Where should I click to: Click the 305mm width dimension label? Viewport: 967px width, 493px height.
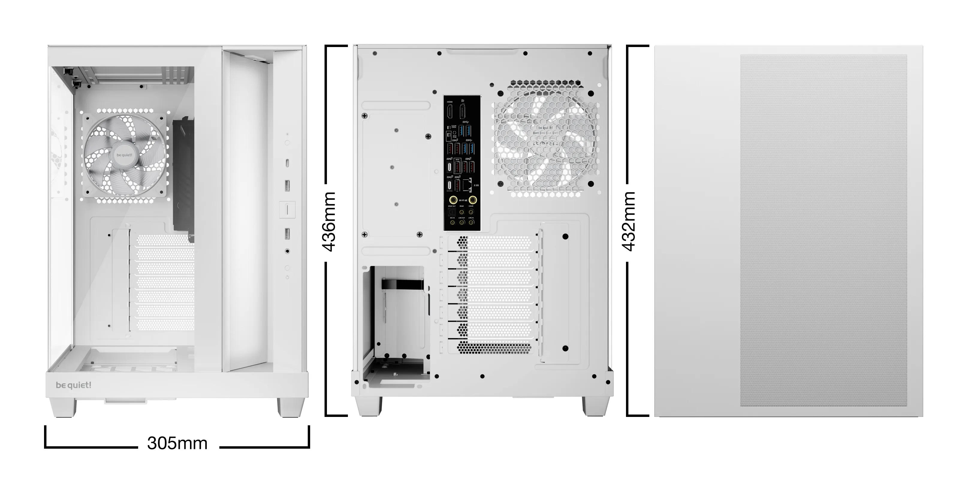point(177,443)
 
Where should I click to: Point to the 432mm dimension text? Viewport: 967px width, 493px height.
point(629,221)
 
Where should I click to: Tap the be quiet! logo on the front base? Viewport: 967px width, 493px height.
point(74,385)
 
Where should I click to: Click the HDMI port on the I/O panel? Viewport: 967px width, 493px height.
point(450,111)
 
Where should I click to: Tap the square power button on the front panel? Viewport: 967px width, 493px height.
point(287,209)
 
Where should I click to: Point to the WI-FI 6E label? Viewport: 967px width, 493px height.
point(463,200)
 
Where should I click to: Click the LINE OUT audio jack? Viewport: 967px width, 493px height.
point(461,223)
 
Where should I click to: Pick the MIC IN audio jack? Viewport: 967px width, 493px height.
point(452,223)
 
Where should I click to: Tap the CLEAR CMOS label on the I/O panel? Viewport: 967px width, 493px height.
point(454,126)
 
